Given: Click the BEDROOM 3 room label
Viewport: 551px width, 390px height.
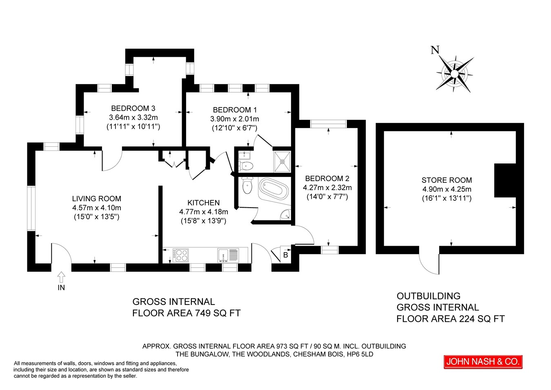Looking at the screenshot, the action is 133,108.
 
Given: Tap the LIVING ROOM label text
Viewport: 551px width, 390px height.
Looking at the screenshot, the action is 96,199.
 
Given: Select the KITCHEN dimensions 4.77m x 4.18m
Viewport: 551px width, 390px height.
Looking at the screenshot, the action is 203,212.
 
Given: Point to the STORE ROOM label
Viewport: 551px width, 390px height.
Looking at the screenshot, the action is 447,180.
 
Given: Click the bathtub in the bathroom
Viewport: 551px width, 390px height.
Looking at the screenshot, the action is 274,189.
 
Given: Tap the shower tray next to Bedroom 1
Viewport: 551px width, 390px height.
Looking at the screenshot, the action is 282,161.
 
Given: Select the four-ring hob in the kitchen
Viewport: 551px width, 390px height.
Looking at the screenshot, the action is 181,256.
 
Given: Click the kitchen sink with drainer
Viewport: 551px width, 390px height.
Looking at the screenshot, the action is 228,256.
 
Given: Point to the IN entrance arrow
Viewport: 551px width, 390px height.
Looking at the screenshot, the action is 61,277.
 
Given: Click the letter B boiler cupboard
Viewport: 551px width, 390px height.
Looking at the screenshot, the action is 285,255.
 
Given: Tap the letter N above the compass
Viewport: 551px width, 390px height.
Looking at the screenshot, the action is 435,50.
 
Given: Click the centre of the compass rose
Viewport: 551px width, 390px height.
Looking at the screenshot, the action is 455,74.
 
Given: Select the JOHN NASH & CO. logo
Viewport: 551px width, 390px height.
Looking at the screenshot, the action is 483,362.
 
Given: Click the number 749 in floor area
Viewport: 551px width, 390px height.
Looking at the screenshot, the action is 203,313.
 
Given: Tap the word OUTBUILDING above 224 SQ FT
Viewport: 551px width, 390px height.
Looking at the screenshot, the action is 429,296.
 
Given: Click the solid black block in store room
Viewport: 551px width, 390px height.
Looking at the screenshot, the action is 505,180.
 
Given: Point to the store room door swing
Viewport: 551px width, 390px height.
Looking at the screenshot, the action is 429,264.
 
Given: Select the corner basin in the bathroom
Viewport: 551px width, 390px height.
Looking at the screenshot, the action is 286,215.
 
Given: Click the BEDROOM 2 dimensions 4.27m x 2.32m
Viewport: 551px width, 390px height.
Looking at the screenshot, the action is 327,188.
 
